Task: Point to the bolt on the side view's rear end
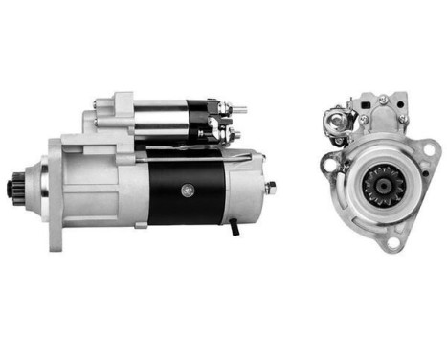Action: pyautogui.click(x=271, y=189)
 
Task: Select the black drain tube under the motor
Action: pyautogui.click(x=233, y=229)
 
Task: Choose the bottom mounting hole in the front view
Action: pyautogui.click(x=392, y=242)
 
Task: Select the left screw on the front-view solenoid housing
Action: pyautogui.click(x=364, y=120)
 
